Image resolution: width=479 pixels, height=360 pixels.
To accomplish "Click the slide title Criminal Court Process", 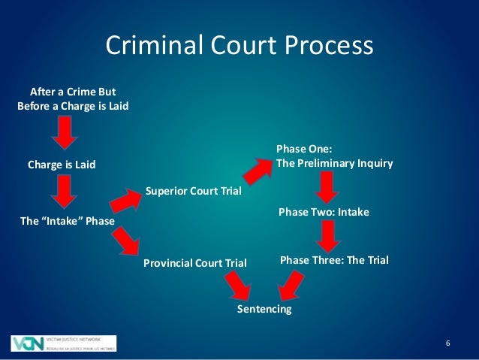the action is pos(239,46).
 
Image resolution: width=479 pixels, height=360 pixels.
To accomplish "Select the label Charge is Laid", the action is pos(62,165).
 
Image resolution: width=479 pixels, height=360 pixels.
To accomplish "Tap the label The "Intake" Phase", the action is pos(62,221).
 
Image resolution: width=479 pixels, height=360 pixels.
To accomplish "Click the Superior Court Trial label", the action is pos(193,191).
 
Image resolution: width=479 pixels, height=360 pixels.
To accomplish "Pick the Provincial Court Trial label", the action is pos(194,263).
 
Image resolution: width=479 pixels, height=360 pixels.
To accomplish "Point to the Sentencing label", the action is pos(264,309).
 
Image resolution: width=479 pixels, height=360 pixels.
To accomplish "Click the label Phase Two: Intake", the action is pos(324,213).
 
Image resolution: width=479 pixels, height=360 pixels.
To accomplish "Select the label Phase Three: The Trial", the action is pos(334,260).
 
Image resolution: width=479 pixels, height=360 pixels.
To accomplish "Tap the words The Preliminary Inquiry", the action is pos(335,162).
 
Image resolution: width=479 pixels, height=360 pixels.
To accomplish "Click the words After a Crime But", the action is pos(72,92).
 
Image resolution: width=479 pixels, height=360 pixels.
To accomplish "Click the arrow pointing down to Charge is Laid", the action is pos(65,133).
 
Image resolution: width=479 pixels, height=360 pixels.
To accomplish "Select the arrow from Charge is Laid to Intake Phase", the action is pos(65,191).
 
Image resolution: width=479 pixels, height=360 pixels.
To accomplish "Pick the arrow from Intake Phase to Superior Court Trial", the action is pos(125,201).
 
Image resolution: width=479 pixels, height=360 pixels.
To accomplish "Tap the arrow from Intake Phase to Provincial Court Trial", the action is pos(126,242).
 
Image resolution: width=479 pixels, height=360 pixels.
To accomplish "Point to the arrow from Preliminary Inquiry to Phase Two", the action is pos(327,186).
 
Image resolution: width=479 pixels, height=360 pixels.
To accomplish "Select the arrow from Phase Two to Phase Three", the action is pos(327,235).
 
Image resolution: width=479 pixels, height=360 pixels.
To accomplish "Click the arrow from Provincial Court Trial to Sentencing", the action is pos(239,285).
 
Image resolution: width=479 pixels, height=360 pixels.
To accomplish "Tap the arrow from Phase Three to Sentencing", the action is pos(291,285).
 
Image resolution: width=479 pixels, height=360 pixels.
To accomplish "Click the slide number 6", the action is pos(447,343).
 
